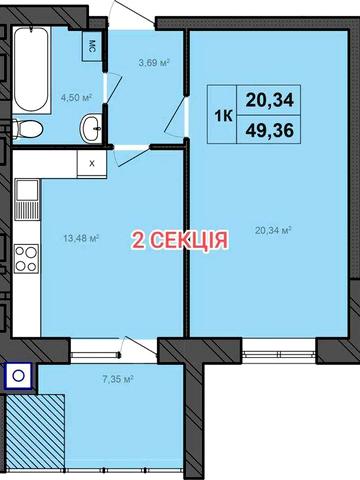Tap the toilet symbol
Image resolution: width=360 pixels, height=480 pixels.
click(29, 128)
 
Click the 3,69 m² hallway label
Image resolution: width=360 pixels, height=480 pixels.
click(153, 63)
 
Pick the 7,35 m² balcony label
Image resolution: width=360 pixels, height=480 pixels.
click(118, 379)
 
